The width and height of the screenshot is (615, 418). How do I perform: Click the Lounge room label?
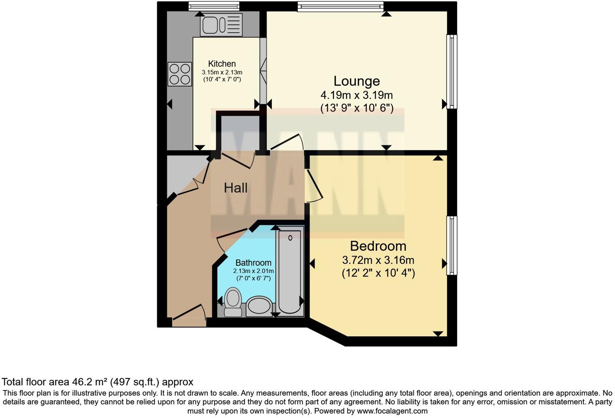356,81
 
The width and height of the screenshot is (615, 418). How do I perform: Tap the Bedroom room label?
378,246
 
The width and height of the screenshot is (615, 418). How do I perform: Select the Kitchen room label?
222,64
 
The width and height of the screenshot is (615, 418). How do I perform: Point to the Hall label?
235,188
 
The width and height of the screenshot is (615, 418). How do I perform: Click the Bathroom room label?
253,262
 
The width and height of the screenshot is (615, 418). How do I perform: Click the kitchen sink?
221,24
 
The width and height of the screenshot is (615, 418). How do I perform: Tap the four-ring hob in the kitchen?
180,74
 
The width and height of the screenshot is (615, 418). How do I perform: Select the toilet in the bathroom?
233,302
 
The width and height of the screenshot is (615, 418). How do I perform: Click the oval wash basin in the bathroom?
259,306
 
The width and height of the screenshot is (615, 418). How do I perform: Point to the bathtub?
290,269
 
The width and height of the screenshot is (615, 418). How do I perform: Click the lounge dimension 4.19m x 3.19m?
356,95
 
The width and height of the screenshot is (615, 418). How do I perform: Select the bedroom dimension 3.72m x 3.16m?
378,260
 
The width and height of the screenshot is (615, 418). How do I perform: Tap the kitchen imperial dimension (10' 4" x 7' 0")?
222,79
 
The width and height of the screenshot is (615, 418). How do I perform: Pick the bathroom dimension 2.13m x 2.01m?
253,271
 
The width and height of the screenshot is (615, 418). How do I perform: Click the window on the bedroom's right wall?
452,245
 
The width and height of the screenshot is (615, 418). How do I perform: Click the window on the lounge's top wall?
340,6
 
